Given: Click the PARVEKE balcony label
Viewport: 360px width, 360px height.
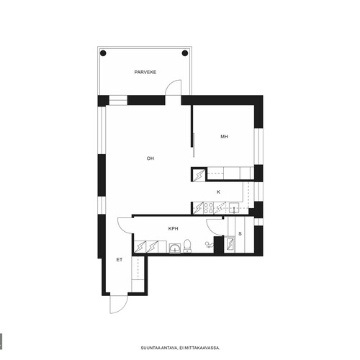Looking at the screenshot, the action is coord(145,72).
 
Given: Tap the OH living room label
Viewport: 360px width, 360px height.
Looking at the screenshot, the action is coord(150,158).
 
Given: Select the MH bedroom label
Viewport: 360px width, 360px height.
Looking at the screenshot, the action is coord(224,137).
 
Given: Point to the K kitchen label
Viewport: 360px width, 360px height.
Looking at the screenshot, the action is coord(218,192).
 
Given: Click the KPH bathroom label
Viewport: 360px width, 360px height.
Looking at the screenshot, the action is coord(173,229).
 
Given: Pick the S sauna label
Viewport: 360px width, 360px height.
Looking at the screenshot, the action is coord(240,234).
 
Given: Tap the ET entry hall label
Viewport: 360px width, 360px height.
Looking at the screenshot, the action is coord(120,260).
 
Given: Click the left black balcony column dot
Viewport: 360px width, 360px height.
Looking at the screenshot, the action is coord(103,53).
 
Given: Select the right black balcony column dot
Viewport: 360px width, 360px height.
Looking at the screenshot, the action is coord(185,53).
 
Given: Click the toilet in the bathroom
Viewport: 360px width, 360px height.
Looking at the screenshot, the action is coord(187,246).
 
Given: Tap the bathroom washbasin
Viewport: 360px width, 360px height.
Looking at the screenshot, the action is coord(175,248).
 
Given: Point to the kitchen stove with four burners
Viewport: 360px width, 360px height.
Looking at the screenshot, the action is coord(208,208).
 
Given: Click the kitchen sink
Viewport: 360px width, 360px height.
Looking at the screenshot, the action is coord(233,208).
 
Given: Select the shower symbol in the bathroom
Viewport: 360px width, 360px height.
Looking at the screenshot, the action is coord(210,245).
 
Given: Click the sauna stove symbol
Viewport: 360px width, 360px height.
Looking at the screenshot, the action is coord(230,243).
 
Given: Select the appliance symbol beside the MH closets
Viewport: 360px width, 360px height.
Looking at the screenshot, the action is coord(199,175).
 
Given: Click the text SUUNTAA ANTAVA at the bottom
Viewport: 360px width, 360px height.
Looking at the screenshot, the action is coord(159,348).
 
